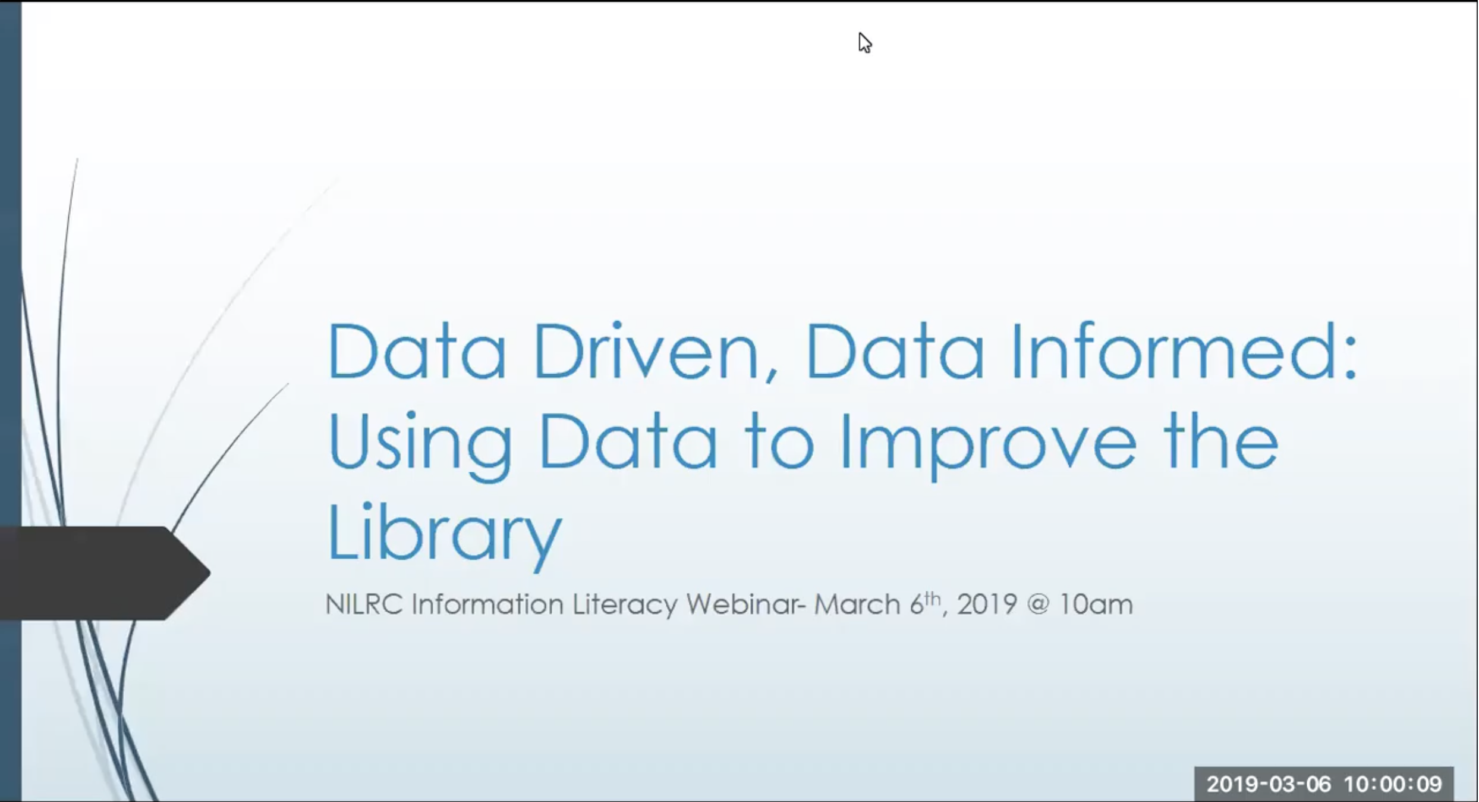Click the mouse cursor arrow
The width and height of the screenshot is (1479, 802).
point(864,43)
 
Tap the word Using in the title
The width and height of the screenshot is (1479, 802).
point(419,443)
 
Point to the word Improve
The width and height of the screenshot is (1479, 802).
point(987,443)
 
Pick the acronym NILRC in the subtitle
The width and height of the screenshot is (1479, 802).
point(364,604)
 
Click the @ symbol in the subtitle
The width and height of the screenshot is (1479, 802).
point(1037,604)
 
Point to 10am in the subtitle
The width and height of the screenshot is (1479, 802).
point(1096,604)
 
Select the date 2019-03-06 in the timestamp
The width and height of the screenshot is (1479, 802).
point(1268,784)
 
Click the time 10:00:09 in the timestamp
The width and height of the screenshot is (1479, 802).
point(1393,784)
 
